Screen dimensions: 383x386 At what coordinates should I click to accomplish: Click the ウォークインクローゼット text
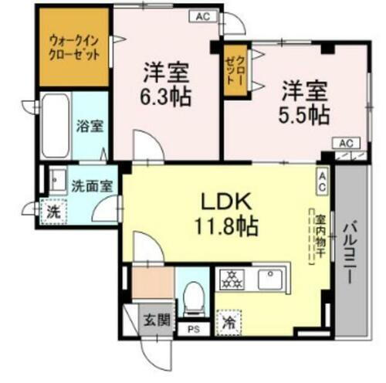(x=75, y=49)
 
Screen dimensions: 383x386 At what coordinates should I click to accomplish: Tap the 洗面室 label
(x=91, y=185)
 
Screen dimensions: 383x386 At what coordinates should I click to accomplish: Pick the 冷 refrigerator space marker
(x=228, y=319)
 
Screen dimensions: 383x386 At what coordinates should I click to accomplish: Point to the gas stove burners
(x=229, y=279)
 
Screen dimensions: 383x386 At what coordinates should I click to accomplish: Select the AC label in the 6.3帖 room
(x=201, y=15)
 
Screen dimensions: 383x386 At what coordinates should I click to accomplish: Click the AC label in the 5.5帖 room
(x=346, y=143)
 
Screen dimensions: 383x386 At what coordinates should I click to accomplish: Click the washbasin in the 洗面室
(x=56, y=181)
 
